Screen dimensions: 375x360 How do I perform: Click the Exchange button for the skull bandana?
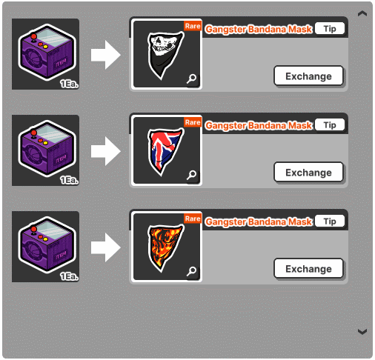(308, 76)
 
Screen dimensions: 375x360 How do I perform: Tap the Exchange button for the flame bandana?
(308, 269)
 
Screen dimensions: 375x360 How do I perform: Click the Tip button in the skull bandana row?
(330, 29)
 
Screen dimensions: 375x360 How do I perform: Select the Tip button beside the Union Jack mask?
(330, 125)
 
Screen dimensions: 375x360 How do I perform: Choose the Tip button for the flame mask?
(330, 221)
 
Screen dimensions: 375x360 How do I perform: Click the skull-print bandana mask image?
(165, 55)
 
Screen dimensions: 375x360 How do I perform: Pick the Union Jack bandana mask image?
(165, 151)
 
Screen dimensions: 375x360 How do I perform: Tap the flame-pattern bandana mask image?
(165, 247)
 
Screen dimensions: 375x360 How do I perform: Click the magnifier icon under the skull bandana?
(191, 79)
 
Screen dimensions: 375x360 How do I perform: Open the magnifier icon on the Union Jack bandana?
(191, 175)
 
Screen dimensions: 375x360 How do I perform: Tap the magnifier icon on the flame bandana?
(191, 271)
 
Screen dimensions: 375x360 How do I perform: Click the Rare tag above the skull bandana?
(193, 26)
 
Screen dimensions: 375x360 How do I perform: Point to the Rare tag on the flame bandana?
(193, 219)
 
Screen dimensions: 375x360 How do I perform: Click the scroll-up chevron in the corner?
(362, 13)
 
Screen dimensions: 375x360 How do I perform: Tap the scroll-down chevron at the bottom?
(362, 332)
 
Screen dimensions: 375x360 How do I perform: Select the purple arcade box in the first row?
(47, 53)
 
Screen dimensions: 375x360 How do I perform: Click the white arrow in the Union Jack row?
(106, 151)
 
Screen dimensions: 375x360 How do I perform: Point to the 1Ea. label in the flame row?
(69, 276)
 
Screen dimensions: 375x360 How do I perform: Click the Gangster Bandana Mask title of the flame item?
(259, 221)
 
